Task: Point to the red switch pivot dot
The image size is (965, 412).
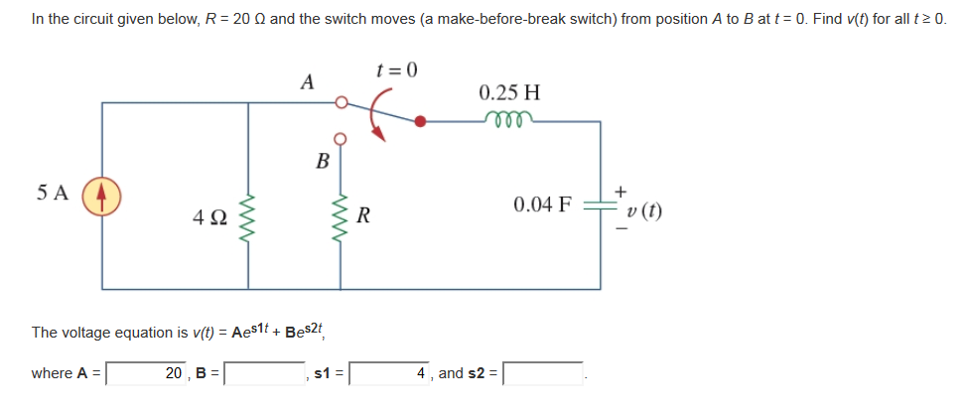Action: (x=421, y=122)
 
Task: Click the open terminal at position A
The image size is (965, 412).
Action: (x=340, y=101)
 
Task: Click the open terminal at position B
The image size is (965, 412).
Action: (x=340, y=138)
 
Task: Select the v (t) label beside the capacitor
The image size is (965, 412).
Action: (x=645, y=210)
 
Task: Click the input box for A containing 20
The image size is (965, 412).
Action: (x=148, y=374)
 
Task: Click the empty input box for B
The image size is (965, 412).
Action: (x=265, y=374)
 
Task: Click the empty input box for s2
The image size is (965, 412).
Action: (x=543, y=374)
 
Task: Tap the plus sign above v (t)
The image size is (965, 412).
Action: (x=621, y=189)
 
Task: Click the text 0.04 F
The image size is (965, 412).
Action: (x=543, y=206)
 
